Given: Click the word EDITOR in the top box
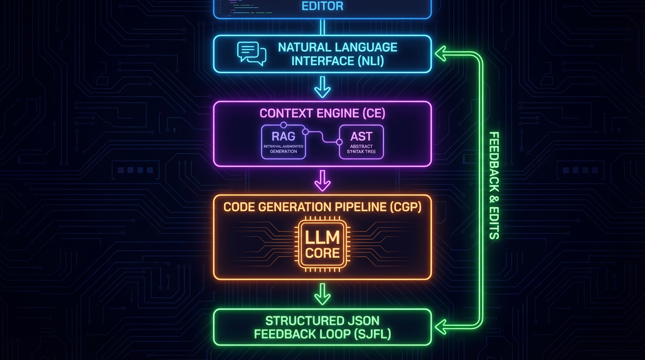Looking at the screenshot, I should [x=322, y=7].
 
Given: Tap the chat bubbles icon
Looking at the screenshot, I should [x=252, y=53].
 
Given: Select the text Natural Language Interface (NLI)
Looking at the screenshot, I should [x=337, y=54].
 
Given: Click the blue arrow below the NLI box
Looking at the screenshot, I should [x=322, y=87].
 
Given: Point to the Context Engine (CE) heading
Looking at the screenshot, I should [x=322, y=113].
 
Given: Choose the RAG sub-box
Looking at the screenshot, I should [x=283, y=142].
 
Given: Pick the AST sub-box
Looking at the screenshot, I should [x=361, y=142].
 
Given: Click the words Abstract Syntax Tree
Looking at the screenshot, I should [x=361, y=149].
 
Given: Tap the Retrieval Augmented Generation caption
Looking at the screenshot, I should [x=283, y=149].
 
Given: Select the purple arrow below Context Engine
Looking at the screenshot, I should [x=322, y=180].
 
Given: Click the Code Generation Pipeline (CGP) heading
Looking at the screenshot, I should [x=322, y=207].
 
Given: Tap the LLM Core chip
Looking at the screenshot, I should [x=322, y=245].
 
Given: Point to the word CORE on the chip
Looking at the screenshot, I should [x=322, y=254].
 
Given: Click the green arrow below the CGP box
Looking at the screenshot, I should [x=322, y=294].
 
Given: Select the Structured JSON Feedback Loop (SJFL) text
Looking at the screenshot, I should [x=322, y=327].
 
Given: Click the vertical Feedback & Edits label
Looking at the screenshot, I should [x=494, y=185].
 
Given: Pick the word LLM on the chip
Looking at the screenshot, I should [x=322, y=237].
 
